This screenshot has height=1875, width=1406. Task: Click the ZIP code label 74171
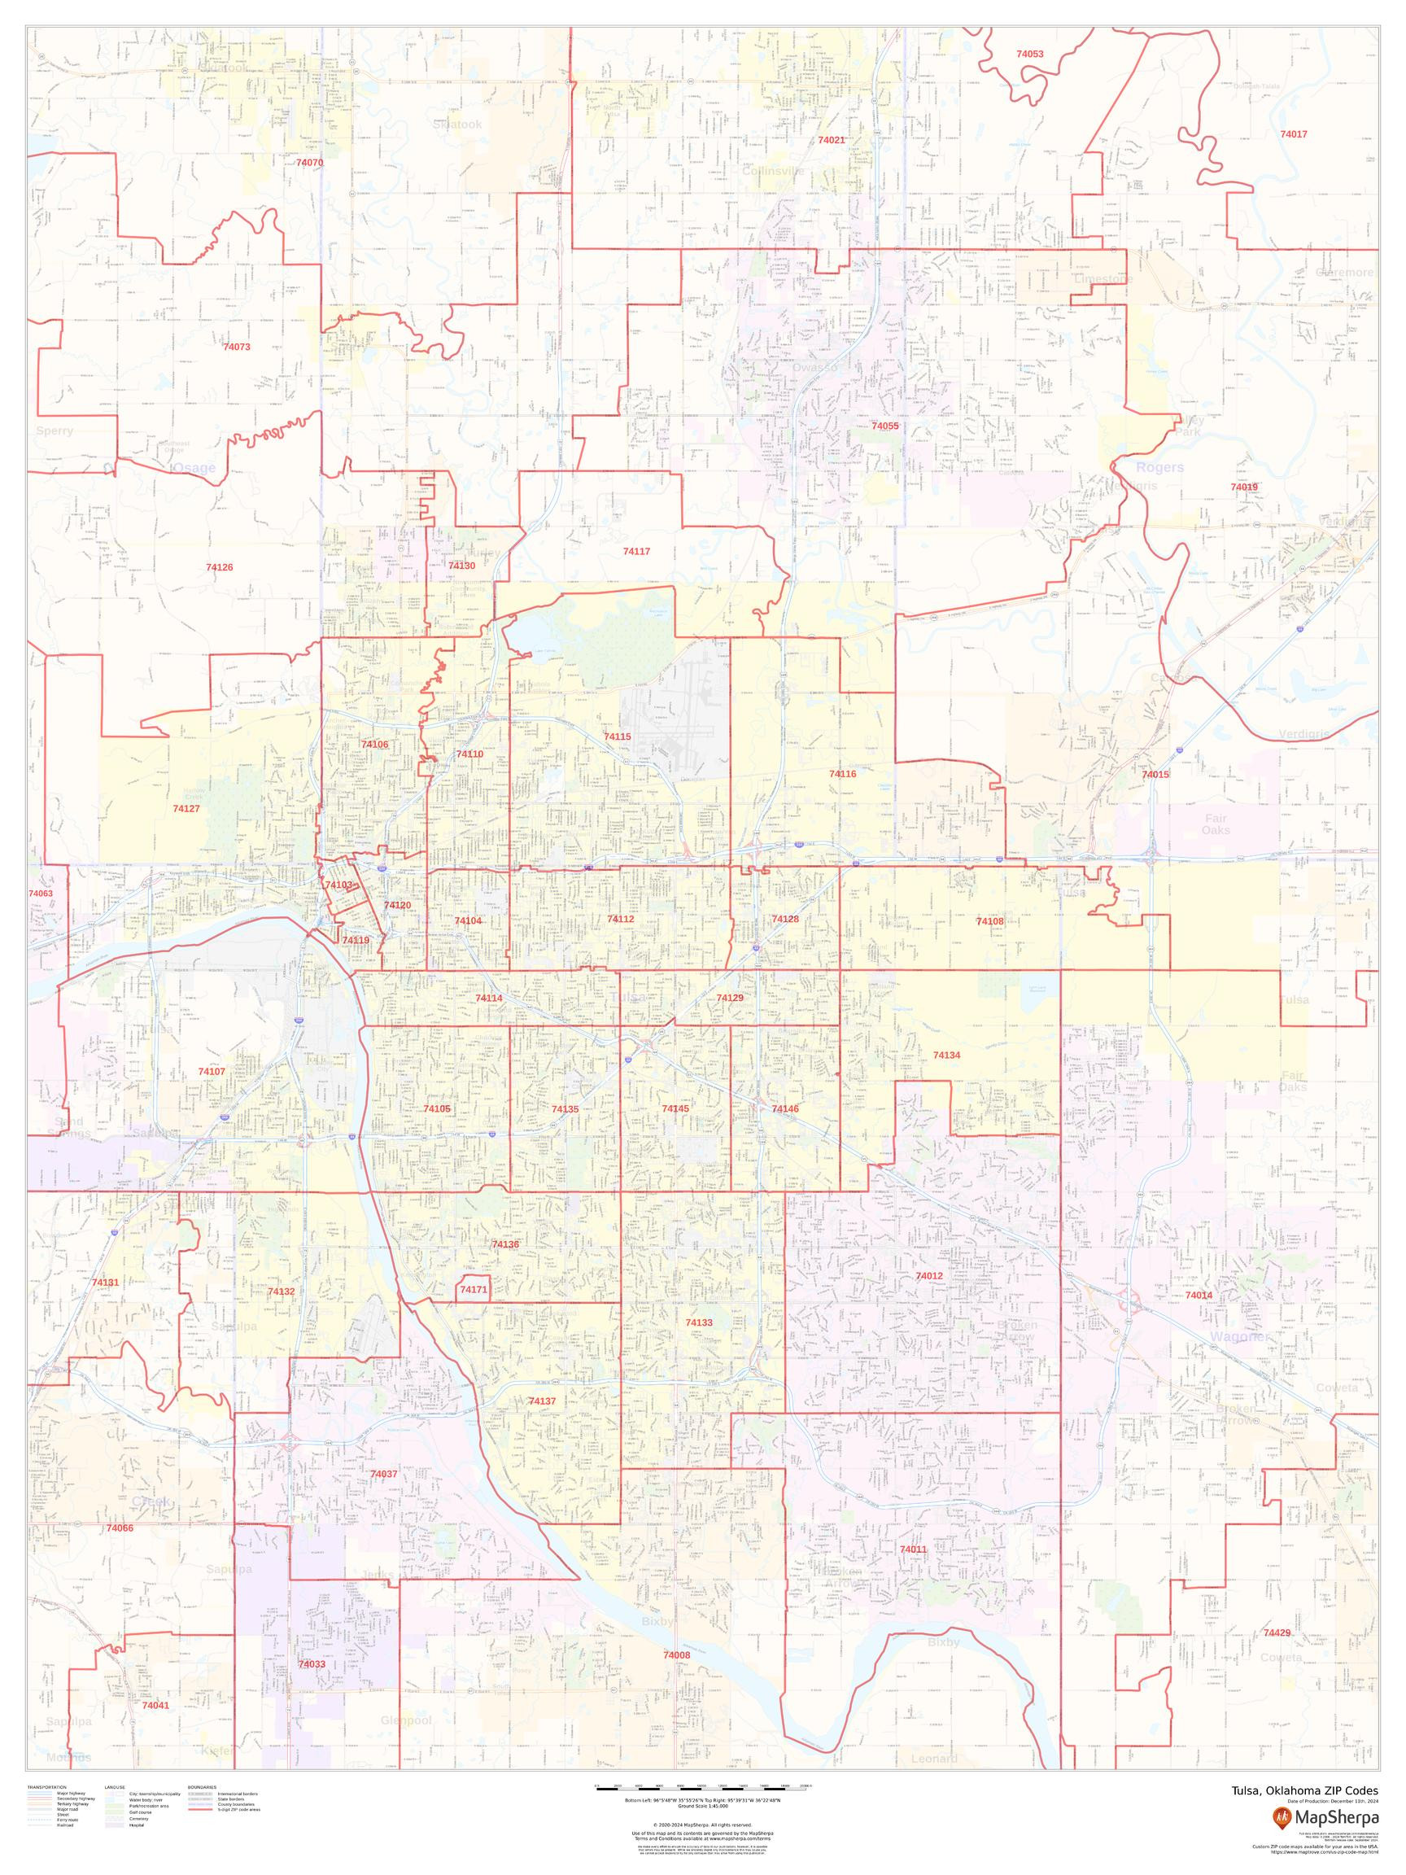pyautogui.click(x=473, y=1313)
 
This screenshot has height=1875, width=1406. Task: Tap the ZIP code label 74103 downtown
pyautogui.click(x=338, y=885)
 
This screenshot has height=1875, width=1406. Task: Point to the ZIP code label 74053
pyautogui.click(x=1030, y=54)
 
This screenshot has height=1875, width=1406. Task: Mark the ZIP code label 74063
pyautogui.click(x=40, y=894)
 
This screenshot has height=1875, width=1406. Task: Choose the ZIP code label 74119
pyautogui.click(x=355, y=940)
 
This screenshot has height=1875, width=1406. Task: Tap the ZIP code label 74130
pyautogui.click(x=461, y=566)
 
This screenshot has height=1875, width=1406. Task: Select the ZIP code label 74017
pyautogui.click(x=1293, y=134)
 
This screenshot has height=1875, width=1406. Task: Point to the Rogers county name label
pyautogui.click(x=1159, y=467)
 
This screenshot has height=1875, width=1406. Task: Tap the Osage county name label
pyautogui.click(x=194, y=468)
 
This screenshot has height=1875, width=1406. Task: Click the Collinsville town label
pyautogui.click(x=773, y=171)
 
